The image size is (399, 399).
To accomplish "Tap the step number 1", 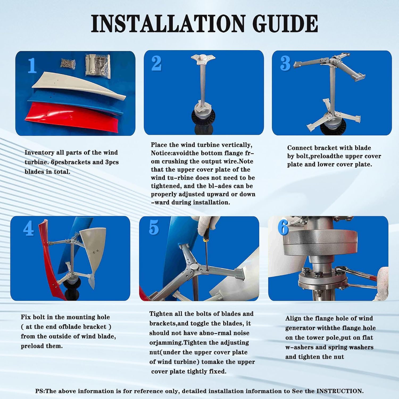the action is (x=32, y=65).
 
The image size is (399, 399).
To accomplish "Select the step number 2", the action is (x=156, y=63).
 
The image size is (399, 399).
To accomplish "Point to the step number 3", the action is (x=285, y=63).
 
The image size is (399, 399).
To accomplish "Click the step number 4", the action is (x=28, y=228).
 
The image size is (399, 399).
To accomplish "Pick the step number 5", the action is (x=154, y=228).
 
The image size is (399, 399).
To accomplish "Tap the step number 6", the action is (x=283, y=228).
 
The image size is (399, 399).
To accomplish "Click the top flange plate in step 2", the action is (x=203, y=59).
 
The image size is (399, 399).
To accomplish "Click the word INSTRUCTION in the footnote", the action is (x=340, y=391).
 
